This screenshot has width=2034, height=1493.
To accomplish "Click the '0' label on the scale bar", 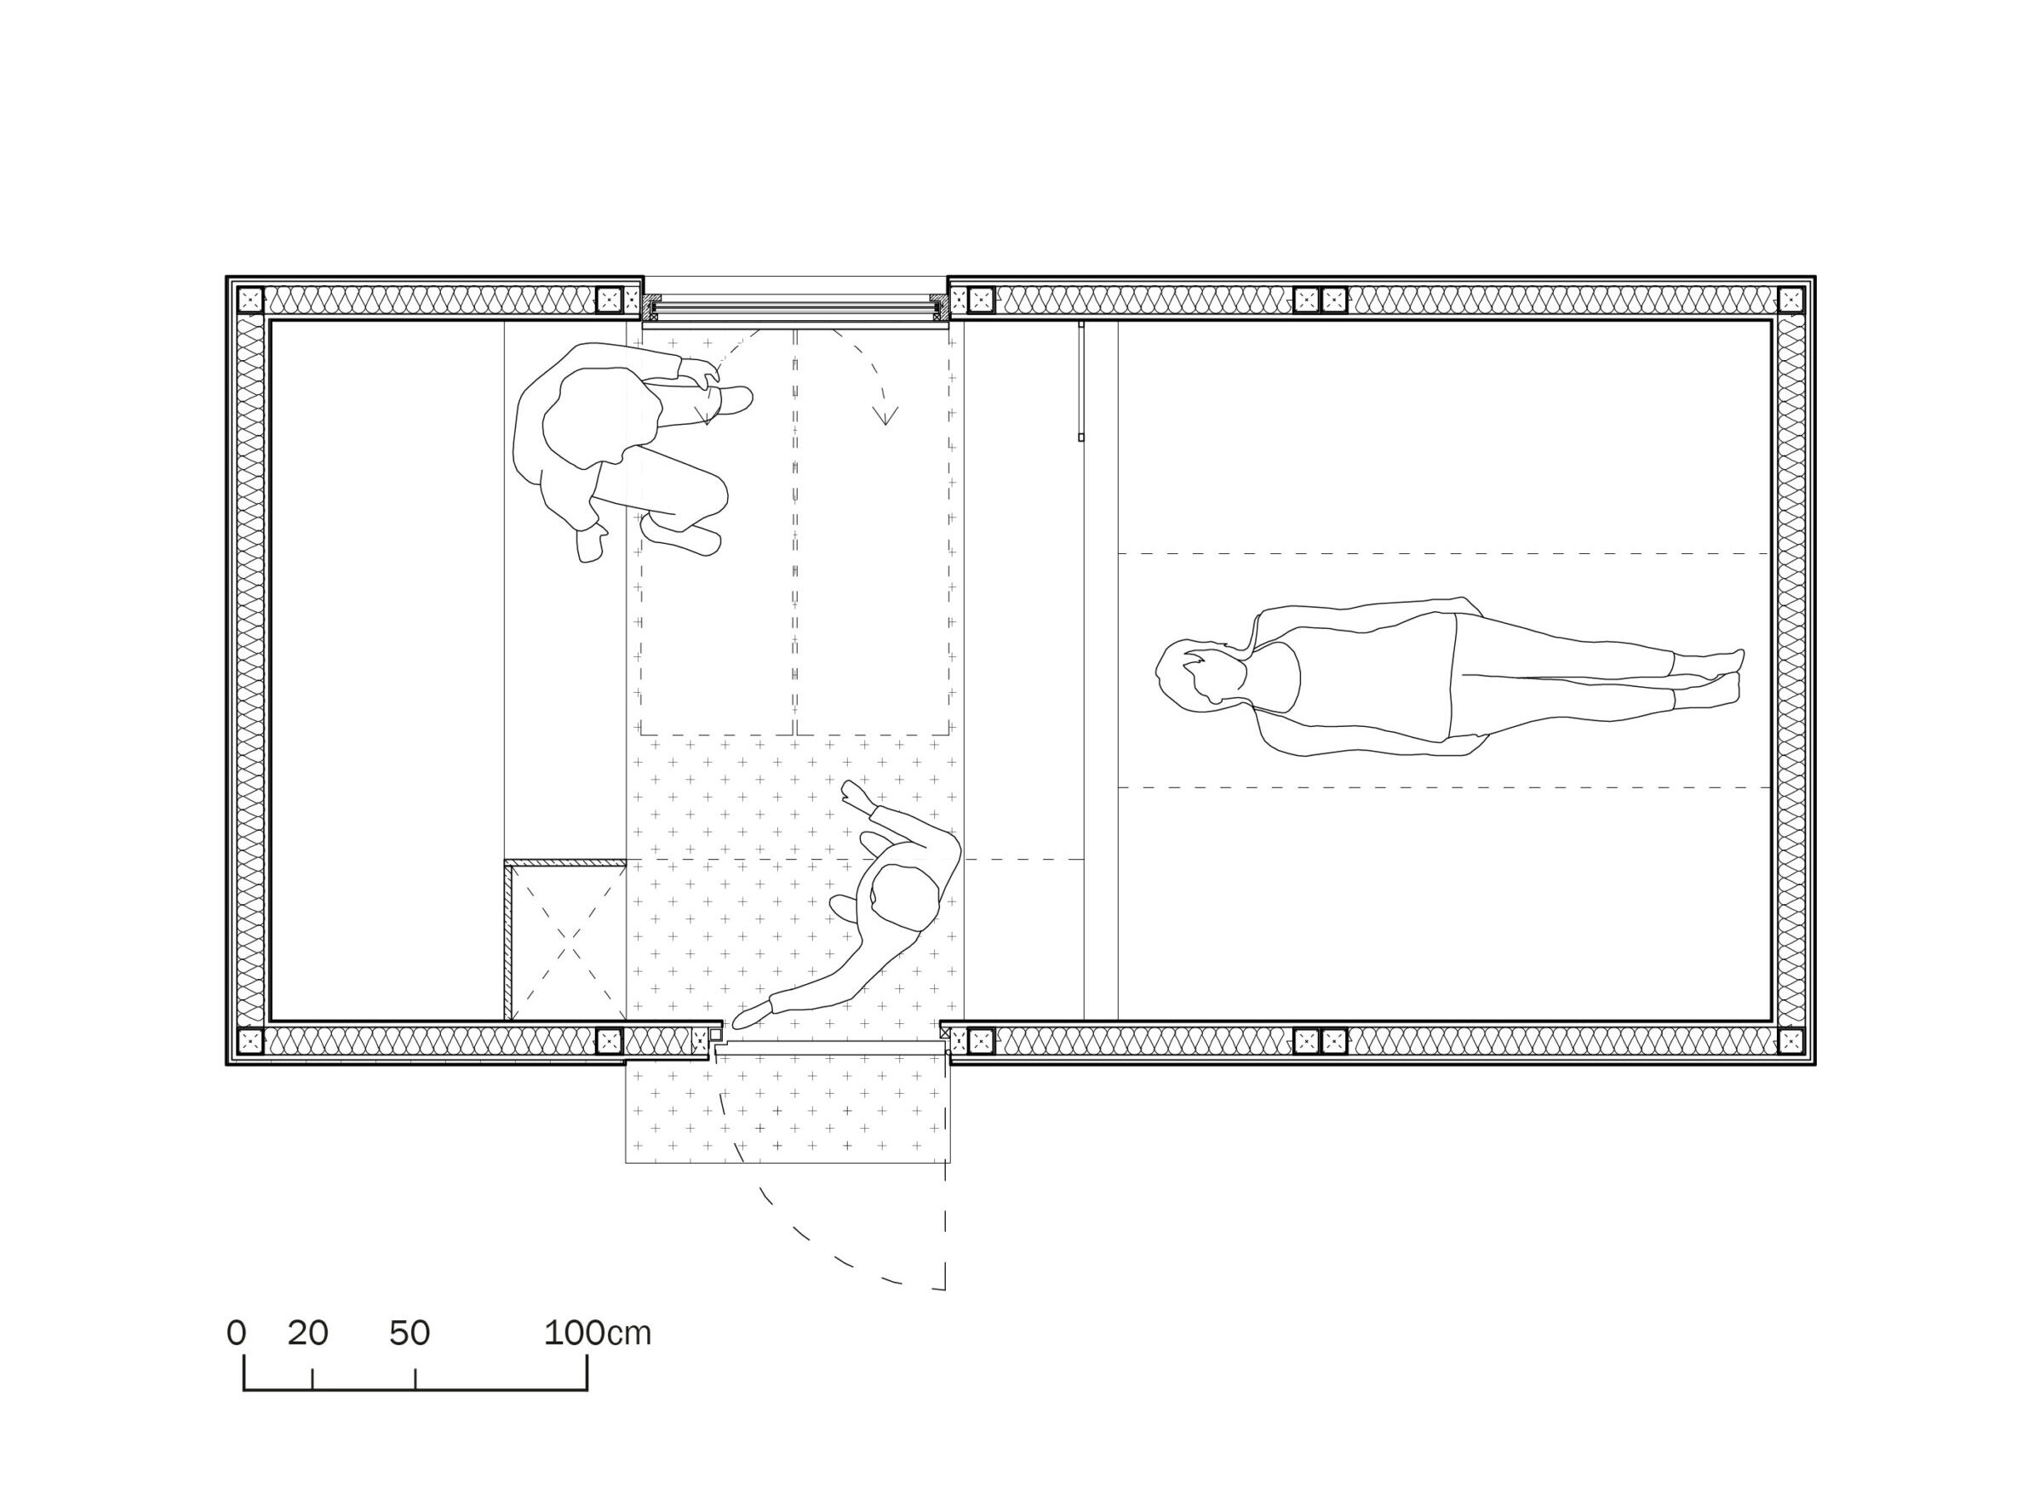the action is point(236,1333).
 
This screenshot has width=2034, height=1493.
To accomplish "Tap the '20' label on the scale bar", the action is point(307,1333).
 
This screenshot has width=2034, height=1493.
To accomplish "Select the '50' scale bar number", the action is point(410,1333).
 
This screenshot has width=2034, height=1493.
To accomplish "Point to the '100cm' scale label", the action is point(597,1333).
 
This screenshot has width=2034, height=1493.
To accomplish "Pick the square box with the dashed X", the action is point(565,939).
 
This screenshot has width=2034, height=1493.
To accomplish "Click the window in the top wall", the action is point(795,308).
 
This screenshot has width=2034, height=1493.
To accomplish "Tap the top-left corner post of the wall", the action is point(250,300).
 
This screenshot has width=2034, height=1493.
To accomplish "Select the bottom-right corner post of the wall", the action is point(1790,1040).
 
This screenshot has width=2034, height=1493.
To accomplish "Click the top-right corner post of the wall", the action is point(1790,300).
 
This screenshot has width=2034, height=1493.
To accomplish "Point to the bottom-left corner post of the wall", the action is point(250,1040).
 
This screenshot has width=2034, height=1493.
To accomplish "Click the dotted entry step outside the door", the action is point(788,1112).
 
